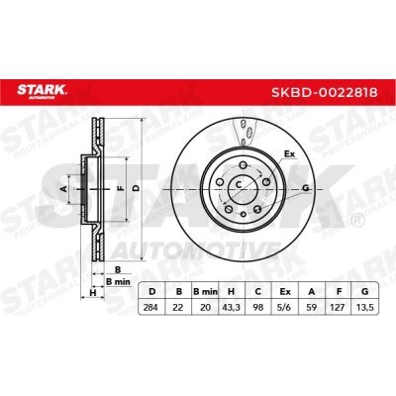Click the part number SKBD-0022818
324,93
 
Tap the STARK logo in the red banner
42,91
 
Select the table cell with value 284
151,308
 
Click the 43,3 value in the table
231,308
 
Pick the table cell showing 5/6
285,308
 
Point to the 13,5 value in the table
364,308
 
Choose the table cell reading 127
339,308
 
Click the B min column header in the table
205,292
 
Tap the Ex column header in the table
285,292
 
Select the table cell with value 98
258,308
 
